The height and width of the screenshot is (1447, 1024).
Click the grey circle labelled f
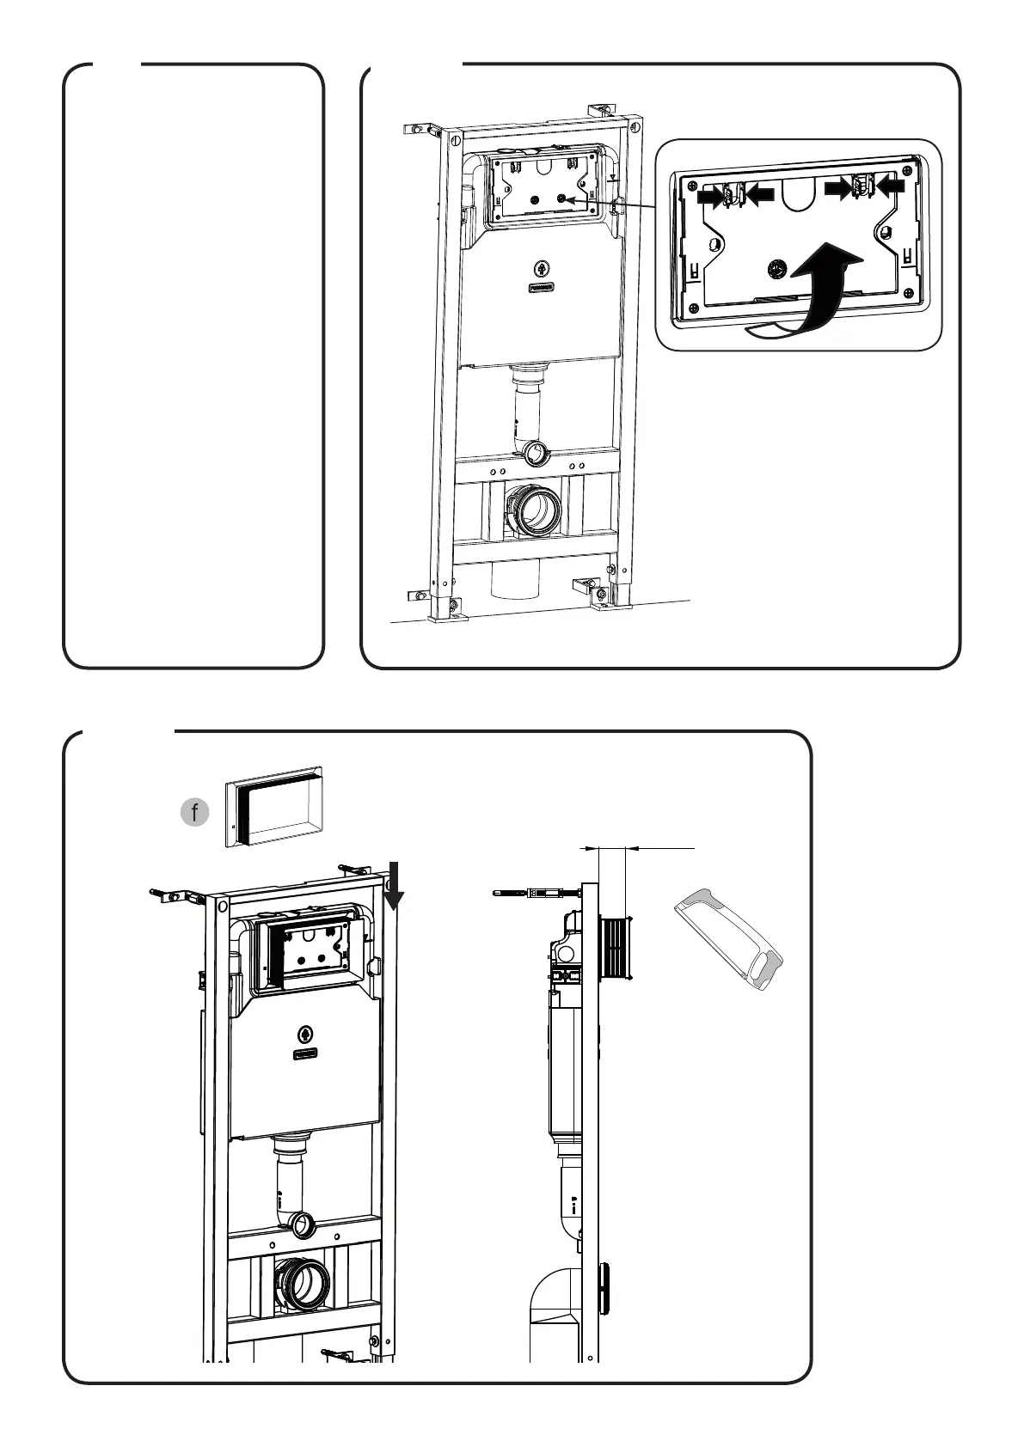pyautogui.click(x=195, y=811)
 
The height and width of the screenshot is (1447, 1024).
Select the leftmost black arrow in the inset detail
pyautogui.click(x=711, y=196)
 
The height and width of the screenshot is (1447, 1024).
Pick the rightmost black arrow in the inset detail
pyautogui.click(x=891, y=184)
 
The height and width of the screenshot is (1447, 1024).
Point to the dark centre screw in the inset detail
pyautogui.click(x=776, y=268)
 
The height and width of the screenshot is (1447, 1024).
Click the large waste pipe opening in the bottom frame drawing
pyautogui.click(x=303, y=1284)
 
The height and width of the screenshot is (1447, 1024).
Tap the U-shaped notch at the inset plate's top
pyautogui.click(x=799, y=195)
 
